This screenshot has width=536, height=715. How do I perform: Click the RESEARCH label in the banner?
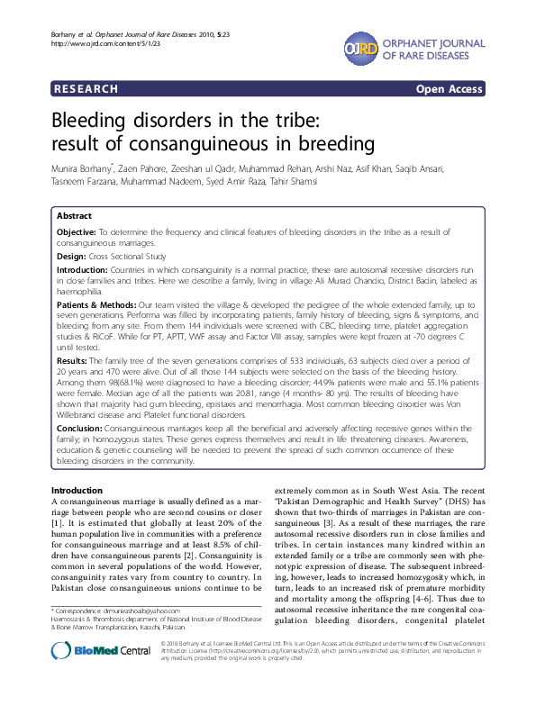coord(86,89)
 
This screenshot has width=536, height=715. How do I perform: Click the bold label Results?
coord(72,359)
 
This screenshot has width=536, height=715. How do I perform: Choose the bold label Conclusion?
coord(80,430)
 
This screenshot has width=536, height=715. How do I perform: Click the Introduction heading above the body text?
coord(77,489)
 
